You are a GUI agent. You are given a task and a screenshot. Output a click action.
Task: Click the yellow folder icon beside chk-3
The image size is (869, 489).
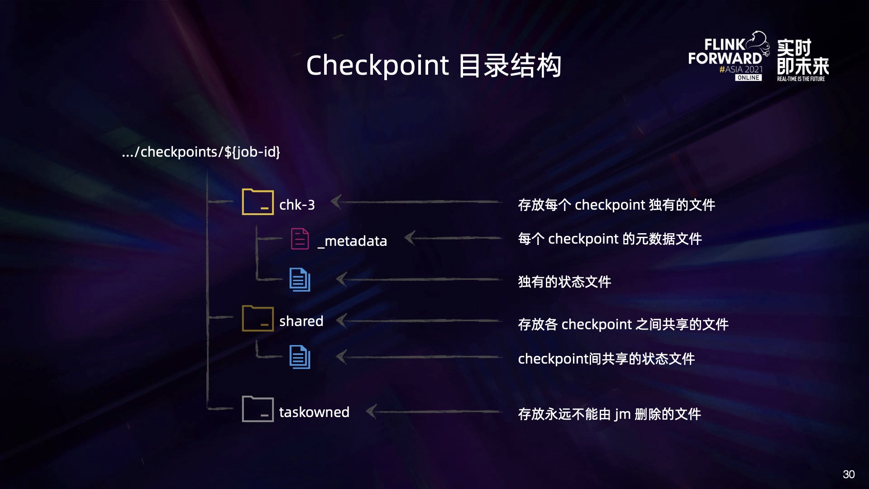pos(258,202)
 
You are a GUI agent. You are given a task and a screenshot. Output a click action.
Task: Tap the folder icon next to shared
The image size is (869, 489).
pos(258,318)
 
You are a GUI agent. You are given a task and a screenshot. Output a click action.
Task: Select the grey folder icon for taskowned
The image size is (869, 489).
pos(258,409)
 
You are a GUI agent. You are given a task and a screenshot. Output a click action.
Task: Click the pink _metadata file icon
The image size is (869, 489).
pos(300,239)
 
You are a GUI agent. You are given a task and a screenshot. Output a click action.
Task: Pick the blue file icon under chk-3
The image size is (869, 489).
pos(300,280)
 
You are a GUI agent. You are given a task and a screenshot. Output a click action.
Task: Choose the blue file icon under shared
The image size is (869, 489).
pos(300,357)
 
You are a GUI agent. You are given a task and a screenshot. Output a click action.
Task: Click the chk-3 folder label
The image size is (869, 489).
pos(297,205)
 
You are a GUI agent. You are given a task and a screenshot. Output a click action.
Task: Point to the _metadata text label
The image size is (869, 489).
pos(352,241)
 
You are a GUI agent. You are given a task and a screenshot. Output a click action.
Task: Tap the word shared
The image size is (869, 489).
pos(301,321)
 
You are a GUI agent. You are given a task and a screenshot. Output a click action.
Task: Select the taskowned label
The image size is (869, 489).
pos(314,412)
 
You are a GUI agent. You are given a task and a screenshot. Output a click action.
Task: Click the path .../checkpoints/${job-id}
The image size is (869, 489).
pos(201,152)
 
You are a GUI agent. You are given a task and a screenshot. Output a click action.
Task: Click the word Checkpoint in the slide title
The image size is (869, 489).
pos(377,65)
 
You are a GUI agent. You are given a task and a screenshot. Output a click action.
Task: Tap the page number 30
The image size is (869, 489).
pos(849,474)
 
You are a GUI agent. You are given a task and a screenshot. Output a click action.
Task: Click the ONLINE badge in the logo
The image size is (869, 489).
pos(748,78)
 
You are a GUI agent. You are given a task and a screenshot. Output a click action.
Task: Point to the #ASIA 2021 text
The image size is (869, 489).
pos(741,69)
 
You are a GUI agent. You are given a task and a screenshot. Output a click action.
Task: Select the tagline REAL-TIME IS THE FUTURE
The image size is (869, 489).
pos(801,79)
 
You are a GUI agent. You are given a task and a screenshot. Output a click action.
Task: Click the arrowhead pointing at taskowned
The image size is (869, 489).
pos(371,412)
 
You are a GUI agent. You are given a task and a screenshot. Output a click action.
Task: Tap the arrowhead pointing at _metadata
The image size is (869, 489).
pos(410,238)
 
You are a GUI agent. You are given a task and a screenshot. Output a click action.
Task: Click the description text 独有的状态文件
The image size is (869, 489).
pos(564,282)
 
